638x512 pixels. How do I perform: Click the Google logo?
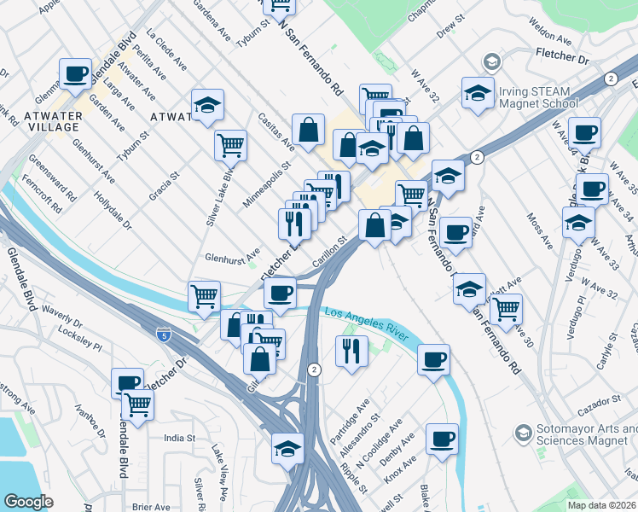(28, 501)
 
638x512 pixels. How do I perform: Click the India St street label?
(180, 438)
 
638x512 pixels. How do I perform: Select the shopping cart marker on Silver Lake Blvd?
(230, 145)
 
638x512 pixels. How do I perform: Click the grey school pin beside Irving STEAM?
(491, 61)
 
